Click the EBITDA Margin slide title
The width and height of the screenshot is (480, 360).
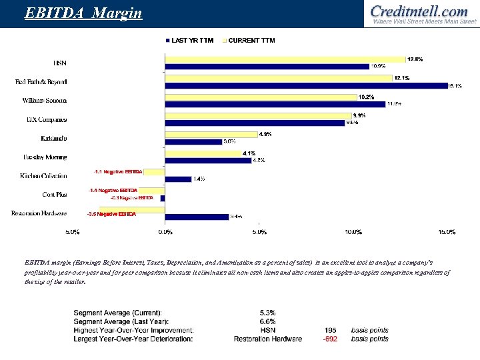pos(83,13)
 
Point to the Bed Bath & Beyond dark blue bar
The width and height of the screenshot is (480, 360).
pos(306,85)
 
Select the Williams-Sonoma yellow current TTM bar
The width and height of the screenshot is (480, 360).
pos(261,97)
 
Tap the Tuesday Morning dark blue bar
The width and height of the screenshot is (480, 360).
pos(208,160)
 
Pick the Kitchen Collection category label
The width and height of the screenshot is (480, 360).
pos(43,176)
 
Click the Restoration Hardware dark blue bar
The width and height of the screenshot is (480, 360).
pos(197,217)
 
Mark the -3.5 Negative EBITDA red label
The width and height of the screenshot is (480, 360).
pos(111,214)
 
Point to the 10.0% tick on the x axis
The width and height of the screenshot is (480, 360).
pos(353,232)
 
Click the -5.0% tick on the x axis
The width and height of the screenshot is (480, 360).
pos(72,232)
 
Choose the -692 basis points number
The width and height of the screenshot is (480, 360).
pos(329,339)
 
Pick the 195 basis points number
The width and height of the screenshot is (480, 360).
pos(330,330)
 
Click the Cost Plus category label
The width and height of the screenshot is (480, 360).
pos(54,195)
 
